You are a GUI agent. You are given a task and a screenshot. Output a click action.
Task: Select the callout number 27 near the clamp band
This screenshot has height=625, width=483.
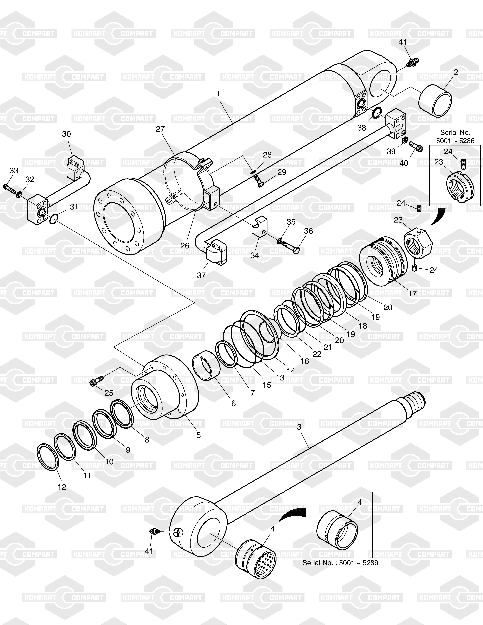(160, 129)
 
